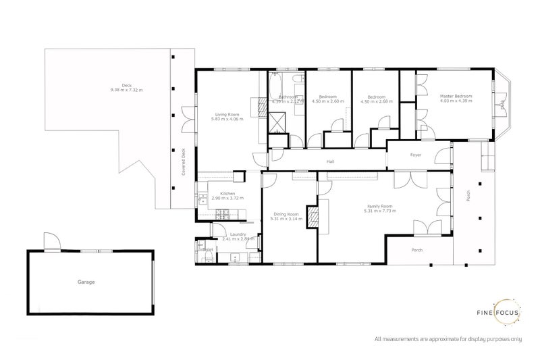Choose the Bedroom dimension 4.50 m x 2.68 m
(375, 102)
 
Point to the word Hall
(331, 161)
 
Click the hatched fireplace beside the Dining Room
(312, 215)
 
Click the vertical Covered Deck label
(183, 163)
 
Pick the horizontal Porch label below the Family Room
(417, 249)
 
